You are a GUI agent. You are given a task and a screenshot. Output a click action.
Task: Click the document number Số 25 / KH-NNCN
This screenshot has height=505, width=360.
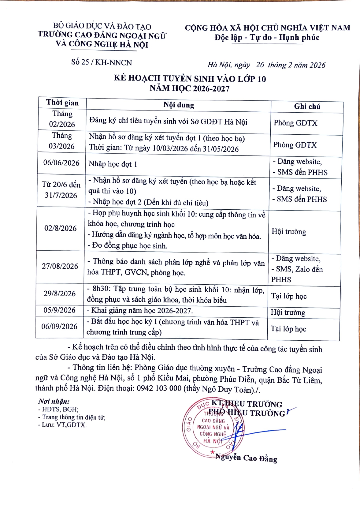click(x=102, y=62)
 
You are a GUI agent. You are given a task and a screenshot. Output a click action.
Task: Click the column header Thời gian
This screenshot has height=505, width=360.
click(x=62, y=103)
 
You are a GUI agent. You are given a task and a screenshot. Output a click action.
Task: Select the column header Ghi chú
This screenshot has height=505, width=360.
click(x=307, y=107)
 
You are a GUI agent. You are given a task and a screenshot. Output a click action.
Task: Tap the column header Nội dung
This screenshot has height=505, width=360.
click(x=179, y=105)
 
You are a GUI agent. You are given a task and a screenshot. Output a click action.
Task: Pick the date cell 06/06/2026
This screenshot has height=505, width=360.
click(x=61, y=163)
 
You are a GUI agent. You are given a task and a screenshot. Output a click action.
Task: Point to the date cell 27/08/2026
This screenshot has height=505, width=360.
click(x=60, y=266)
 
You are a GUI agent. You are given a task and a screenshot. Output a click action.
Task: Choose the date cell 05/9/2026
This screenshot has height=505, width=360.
click(x=59, y=310)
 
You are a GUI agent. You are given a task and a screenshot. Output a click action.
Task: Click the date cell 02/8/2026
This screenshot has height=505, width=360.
click(x=60, y=228)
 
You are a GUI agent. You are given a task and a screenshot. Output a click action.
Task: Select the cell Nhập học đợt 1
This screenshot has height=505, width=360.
click(x=113, y=164)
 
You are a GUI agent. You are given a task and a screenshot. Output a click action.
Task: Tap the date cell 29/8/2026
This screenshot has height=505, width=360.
click(x=59, y=294)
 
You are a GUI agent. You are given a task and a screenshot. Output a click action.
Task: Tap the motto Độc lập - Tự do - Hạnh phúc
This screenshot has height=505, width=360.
click(x=267, y=38)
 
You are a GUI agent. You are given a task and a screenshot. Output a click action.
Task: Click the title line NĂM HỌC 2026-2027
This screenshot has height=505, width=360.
click(x=190, y=88)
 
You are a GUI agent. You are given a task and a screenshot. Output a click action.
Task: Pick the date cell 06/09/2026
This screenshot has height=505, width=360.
click(x=59, y=327)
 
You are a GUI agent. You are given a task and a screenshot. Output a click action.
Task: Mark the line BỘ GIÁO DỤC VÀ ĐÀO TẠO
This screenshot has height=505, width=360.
click(x=102, y=26)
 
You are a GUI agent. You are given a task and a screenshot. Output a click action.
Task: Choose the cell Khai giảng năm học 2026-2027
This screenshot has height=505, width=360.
click(x=140, y=311)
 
